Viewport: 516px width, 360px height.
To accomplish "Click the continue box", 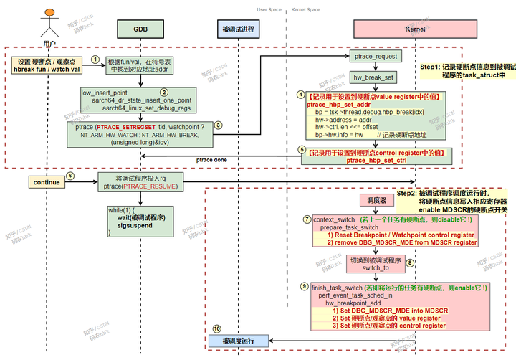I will pos(47,183).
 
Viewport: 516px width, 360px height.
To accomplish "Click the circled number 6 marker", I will pos(70,176).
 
